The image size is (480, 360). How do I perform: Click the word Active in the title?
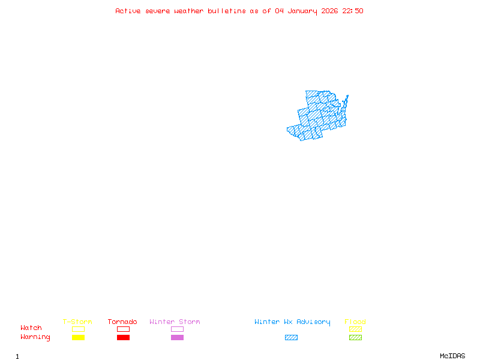pos(128,11)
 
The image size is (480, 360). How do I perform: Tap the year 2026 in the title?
pos(329,11)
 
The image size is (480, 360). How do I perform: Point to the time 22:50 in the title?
pos(353,11)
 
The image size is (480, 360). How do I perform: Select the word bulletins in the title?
pos(227,11)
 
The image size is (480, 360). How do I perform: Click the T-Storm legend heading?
pos(77,322)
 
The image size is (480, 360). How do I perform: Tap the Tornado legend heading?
pos(122,322)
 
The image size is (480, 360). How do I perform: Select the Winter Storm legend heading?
pos(175,322)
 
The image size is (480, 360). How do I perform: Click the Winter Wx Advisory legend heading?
pos(292,322)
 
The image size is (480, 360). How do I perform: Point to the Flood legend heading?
pos(355,322)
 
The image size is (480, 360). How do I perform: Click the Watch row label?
pos(31,328)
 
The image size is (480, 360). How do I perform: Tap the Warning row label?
pos(35,337)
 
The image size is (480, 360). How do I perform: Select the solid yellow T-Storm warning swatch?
pos(78,338)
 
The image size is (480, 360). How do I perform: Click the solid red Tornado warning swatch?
pos(123,338)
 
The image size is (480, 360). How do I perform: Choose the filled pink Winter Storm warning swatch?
pos(177,338)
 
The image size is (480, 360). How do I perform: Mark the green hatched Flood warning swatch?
pos(355,338)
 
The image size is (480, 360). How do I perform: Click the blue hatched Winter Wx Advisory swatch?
pos(291,338)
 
